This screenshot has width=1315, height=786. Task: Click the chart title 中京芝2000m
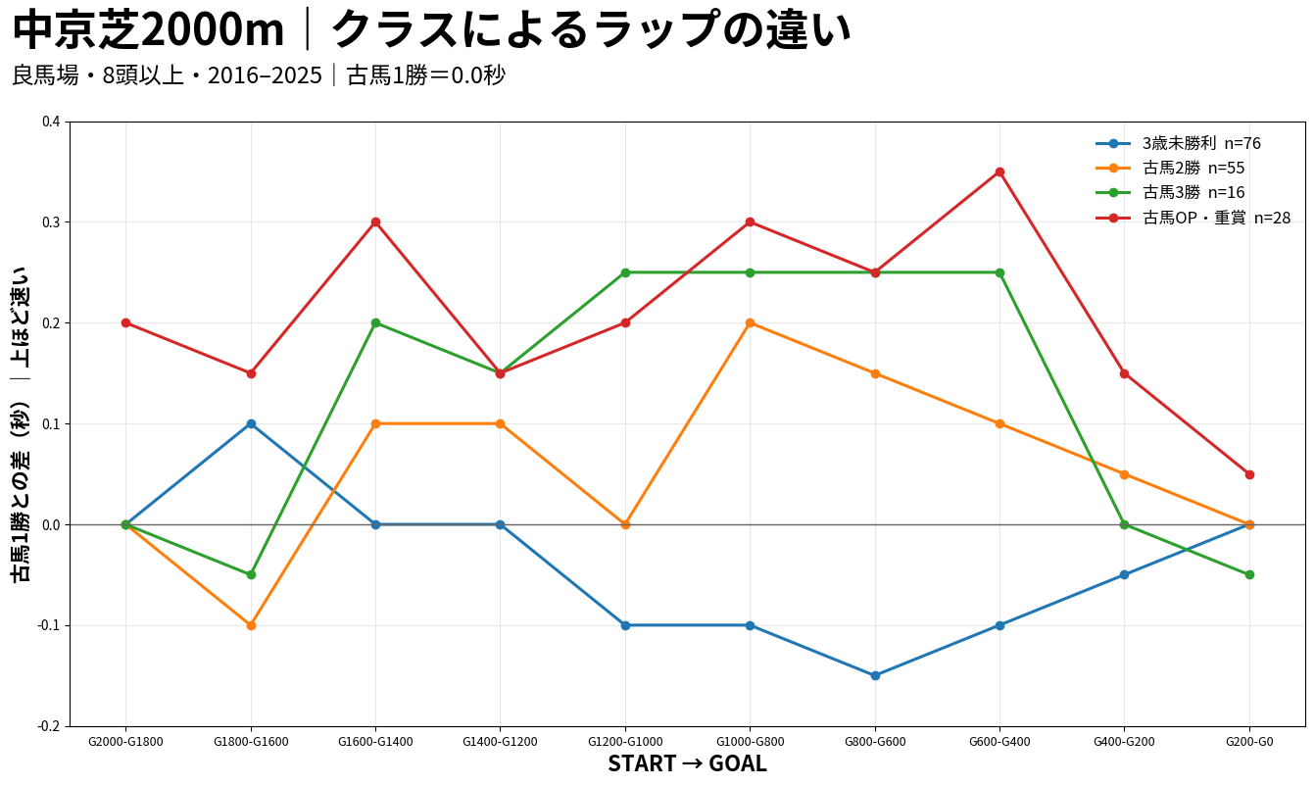[x=148, y=30]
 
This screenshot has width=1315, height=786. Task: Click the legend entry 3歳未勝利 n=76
[x=1178, y=143]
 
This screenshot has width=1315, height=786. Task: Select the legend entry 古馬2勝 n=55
[x=1169, y=168]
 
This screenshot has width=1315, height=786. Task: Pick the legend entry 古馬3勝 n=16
[x=1169, y=192]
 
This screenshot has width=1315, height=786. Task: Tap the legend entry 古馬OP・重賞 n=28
[x=1193, y=218]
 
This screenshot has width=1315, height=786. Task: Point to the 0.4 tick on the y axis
[x=52, y=122]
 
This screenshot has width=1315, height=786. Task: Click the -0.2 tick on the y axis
[x=49, y=726]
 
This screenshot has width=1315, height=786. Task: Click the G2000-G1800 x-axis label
[x=125, y=741]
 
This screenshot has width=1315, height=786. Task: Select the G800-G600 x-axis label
[x=875, y=741]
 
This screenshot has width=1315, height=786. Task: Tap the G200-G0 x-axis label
[x=1249, y=741]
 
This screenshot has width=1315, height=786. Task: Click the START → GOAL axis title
[x=688, y=763]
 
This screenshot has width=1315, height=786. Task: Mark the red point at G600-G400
[x=999, y=172]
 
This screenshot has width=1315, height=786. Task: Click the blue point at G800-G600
[x=875, y=675]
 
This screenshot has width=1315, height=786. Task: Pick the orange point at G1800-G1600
[x=251, y=625]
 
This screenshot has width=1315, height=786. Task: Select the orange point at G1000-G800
[x=750, y=322]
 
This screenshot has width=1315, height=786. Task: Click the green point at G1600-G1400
[x=375, y=322]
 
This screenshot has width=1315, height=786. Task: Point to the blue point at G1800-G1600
[x=251, y=423]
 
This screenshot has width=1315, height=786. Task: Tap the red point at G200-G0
[x=1249, y=474]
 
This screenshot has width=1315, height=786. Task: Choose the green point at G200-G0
[x=1249, y=574]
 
